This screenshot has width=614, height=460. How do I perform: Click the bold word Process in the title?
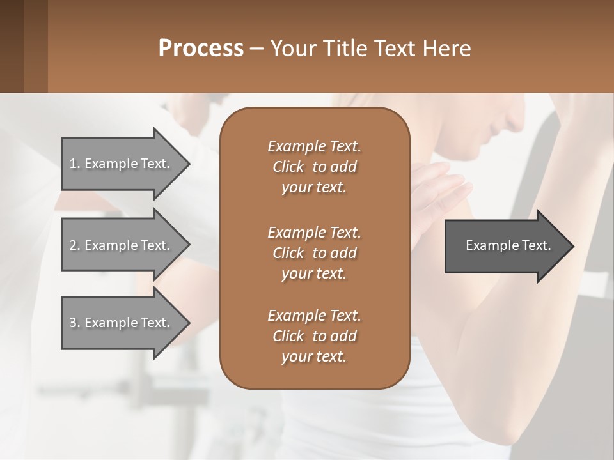click(x=201, y=49)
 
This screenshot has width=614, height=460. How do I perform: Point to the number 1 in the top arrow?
click(x=73, y=164)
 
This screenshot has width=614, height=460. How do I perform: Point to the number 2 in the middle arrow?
click(x=73, y=245)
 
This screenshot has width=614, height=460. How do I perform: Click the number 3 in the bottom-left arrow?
click(x=73, y=323)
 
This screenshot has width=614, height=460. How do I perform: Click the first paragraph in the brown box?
click(x=314, y=167)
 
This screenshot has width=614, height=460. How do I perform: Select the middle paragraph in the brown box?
click(x=314, y=252)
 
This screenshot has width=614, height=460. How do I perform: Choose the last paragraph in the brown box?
click(x=314, y=336)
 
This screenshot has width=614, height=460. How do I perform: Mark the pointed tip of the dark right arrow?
click(x=572, y=246)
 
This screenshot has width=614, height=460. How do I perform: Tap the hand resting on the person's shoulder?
click(x=441, y=185)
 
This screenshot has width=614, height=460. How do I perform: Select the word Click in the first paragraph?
click(x=288, y=167)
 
